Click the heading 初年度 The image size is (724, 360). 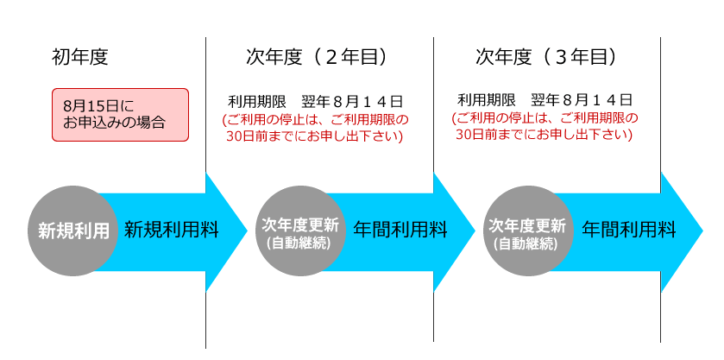80,58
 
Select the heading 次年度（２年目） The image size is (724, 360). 317,58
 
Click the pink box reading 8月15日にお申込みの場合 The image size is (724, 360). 120,115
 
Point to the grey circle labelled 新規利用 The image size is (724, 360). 73,231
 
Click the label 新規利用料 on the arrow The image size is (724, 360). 172,230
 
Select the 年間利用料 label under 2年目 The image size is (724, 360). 400,230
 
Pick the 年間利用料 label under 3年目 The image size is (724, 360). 628,230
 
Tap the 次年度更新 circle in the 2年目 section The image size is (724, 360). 300,231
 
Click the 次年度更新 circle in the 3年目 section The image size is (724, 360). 529,231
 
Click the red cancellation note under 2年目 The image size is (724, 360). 316,129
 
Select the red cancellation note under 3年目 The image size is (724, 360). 545,127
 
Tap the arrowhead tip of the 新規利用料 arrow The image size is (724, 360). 248,232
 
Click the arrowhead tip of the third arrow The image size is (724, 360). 702,232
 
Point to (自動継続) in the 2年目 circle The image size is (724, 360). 300,243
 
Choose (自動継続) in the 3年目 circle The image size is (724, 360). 528,243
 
